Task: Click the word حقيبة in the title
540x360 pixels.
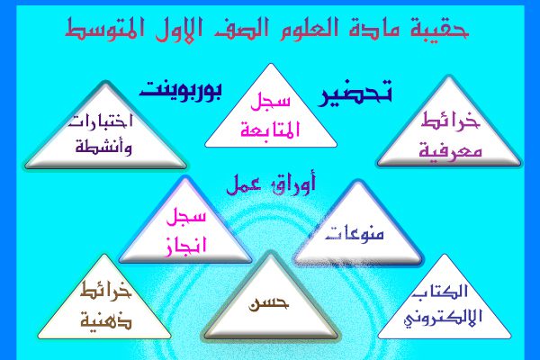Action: pos(439,27)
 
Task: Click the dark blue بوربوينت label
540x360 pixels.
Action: pos(181,90)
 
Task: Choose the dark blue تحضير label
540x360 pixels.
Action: pos(355,93)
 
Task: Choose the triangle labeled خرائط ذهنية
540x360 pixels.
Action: pos(104,297)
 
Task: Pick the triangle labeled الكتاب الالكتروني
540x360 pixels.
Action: pos(445,297)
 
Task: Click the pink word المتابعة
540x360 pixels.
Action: pos(271,130)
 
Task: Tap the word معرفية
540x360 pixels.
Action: pos(450,151)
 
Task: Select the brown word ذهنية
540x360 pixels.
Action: pos(106,320)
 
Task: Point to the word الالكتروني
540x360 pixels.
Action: pos(443,318)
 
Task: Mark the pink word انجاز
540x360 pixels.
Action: pos(185,246)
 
